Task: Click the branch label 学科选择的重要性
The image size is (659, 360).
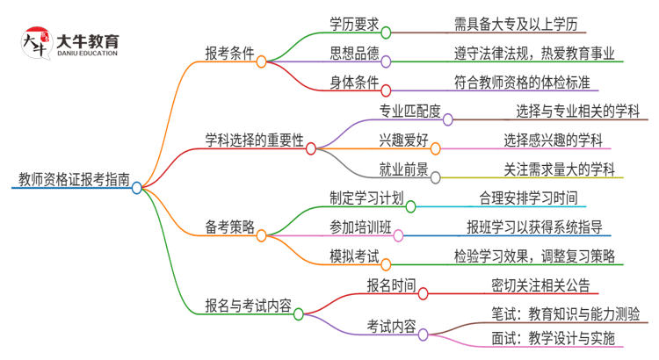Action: click(255, 140)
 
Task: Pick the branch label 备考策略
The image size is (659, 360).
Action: click(230, 227)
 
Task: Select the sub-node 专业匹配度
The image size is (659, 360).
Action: click(409, 111)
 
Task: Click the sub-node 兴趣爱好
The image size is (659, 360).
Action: click(403, 140)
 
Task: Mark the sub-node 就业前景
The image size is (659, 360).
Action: click(403, 169)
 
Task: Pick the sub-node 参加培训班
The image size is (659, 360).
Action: click(360, 227)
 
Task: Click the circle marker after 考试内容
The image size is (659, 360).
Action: click(424, 334)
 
